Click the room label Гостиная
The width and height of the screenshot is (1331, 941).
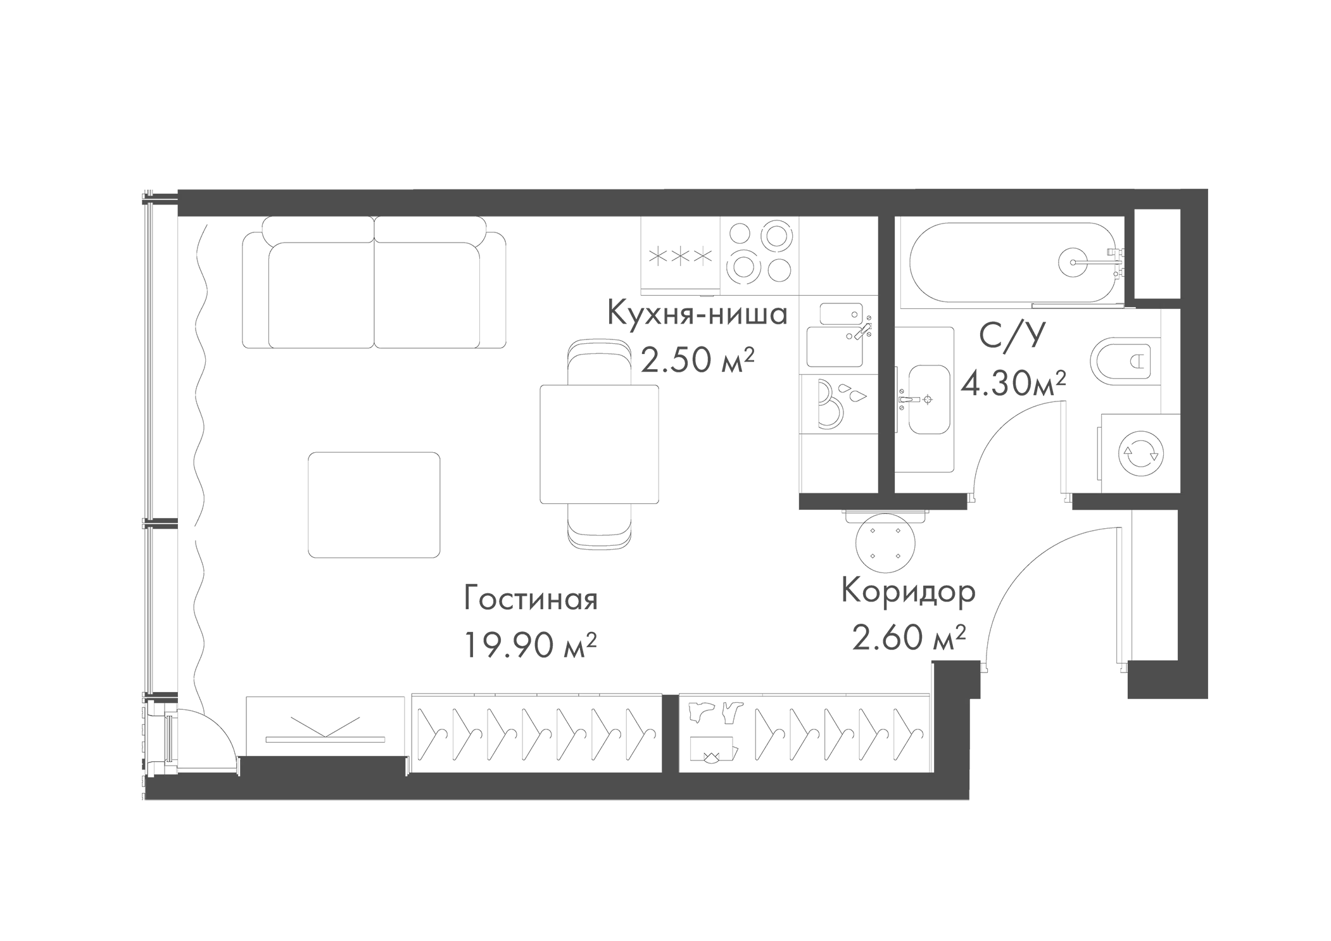[531, 600]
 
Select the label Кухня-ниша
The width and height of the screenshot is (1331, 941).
[697, 314]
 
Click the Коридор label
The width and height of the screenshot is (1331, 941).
[908, 592]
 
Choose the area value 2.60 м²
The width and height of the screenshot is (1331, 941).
[908, 637]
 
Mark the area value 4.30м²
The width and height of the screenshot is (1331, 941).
[1014, 383]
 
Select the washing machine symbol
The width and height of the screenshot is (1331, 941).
[1140, 452]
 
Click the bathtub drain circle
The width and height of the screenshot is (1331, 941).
[1074, 261]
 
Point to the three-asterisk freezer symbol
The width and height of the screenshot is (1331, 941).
[679, 257]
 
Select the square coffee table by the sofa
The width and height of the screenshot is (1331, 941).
[374, 505]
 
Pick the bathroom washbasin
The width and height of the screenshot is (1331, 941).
[928, 399]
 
